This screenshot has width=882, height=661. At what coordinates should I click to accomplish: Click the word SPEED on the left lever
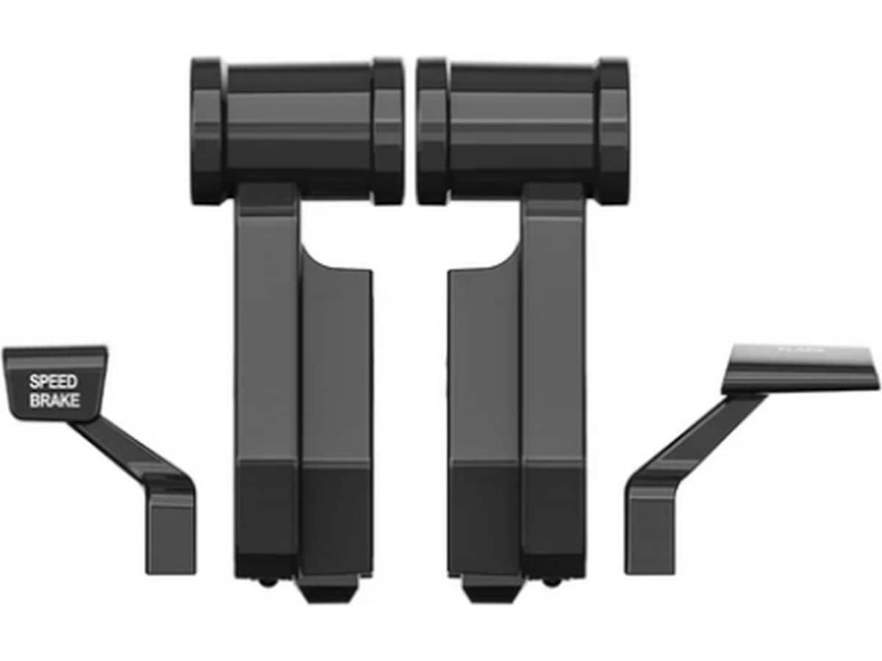(x=53, y=382)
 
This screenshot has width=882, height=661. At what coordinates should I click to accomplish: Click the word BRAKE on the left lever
(x=54, y=401)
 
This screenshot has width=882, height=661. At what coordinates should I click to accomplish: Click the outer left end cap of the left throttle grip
(x=207, y=131)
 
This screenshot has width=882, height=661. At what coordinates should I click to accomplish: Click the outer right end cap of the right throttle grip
(x=613, y=131)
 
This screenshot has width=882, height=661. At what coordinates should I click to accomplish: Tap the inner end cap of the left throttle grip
(x=388, y=131)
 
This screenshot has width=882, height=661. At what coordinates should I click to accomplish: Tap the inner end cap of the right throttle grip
(x=432, y=131)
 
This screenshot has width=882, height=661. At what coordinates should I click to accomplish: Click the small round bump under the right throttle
(x=551, y=582)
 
